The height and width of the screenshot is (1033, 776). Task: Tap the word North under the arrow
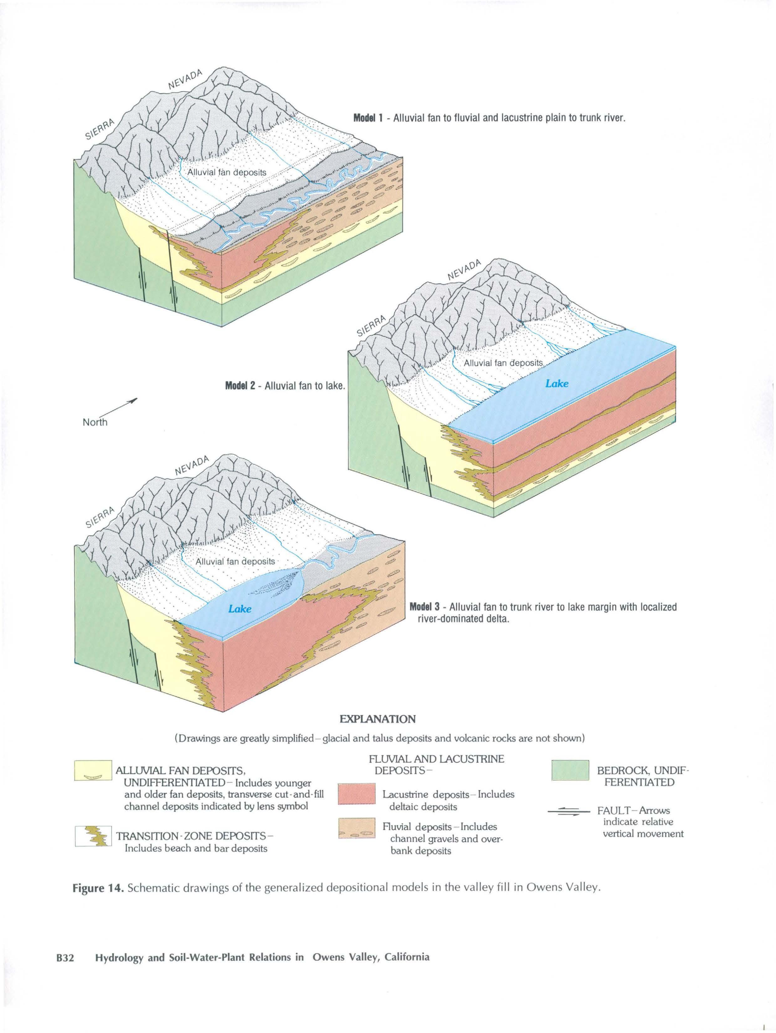pyautogui.click(x=95, y=422)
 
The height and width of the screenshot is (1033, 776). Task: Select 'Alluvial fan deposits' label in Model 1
pyautogui.click(x=226, y=172)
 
